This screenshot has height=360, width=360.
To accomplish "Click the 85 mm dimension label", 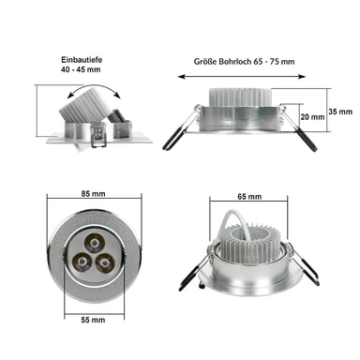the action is click(93, 194).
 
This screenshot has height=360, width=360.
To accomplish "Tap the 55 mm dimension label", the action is click(93, 320).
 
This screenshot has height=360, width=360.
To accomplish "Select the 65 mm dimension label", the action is click(249, 197).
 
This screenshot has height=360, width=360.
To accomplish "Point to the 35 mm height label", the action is click(340, 112).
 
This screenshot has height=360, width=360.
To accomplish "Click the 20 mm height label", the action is click(312, 117).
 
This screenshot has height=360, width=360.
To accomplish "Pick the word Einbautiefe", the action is click(82, 59).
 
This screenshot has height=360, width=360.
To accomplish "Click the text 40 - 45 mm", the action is click(81, 69).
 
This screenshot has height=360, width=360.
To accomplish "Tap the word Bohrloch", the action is click(235, 61).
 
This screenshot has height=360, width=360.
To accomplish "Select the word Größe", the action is click(205, 61).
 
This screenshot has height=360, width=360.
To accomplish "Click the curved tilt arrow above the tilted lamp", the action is click(94, 86).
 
